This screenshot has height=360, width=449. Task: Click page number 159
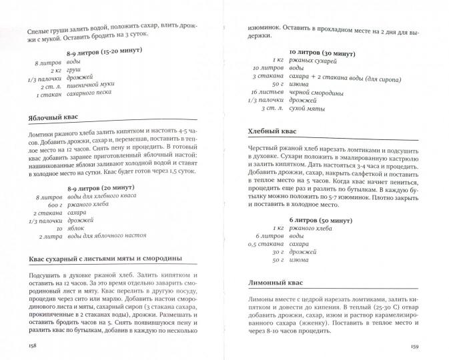(x=416, y=345)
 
